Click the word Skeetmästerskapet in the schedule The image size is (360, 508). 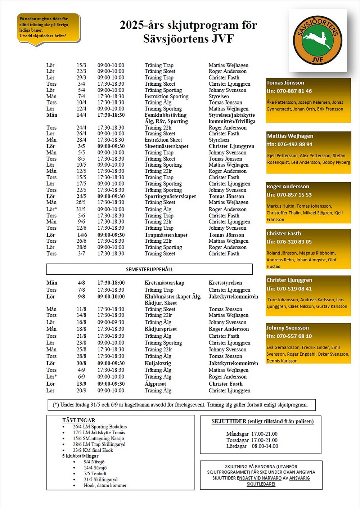[x=166, y=146]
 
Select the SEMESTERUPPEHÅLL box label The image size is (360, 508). [x=149, y=269]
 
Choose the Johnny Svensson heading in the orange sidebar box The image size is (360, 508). [x=288, y=328]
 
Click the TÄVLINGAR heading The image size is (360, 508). [x=78, y=420]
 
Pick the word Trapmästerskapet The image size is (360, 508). [x=166, y=235]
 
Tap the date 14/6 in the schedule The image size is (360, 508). [x=82, y=235]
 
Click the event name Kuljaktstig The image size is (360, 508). [x=158, y=363]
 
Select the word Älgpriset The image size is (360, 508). [x=155, y=384]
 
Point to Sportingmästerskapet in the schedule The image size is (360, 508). [x=170, y=196]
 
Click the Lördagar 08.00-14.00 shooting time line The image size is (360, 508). [x=252, y=446]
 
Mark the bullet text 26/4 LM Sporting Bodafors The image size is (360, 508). [x=100, y=427]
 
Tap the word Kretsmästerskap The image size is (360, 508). [x=164, y=283]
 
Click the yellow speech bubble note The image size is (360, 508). [x=48, y=28]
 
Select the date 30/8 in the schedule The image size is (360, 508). [x=81, y=363]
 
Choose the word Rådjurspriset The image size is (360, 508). [x=161, y=329]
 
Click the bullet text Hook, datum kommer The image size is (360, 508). [x=105, y=485]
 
